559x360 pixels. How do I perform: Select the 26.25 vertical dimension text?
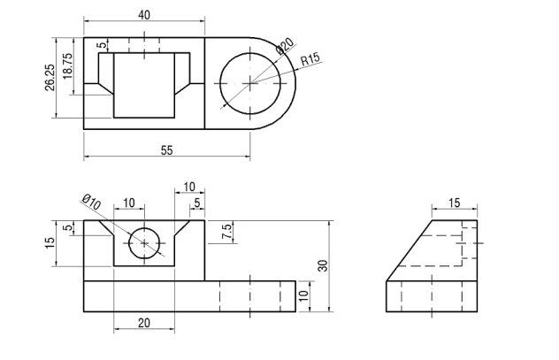coord(50,78)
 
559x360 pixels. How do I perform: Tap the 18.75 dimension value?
coord(68,66)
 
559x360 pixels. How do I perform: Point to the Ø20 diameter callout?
coord(285,46)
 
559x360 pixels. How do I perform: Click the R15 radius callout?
coord(310,61)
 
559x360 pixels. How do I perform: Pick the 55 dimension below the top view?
coord(166,150)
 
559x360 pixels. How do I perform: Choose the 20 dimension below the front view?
coord(143,323)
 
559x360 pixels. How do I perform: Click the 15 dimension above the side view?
coord(454,203)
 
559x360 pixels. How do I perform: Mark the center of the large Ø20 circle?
coord(250,82)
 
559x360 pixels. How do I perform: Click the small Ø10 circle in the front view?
coord(144,242)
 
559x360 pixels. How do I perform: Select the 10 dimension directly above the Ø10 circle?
coord(129,203)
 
